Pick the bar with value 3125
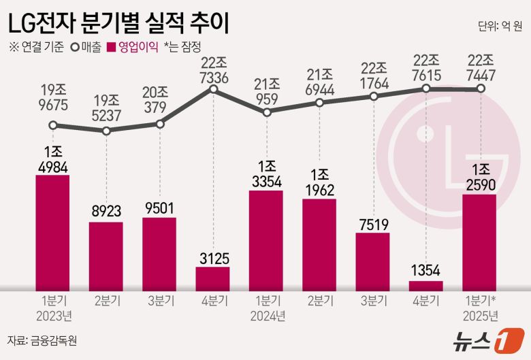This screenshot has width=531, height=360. point(212,278)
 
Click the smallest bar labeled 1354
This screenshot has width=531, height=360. point(426,285)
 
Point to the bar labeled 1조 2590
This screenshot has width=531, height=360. point(479,242)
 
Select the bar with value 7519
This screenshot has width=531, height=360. point(372,261)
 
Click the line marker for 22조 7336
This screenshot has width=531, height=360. point(213,89)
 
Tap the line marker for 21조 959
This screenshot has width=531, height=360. point(266,112)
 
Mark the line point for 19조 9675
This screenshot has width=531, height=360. point(53,125)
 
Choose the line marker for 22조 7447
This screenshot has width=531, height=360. point(480,88)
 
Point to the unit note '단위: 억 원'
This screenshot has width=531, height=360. point(500,27)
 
